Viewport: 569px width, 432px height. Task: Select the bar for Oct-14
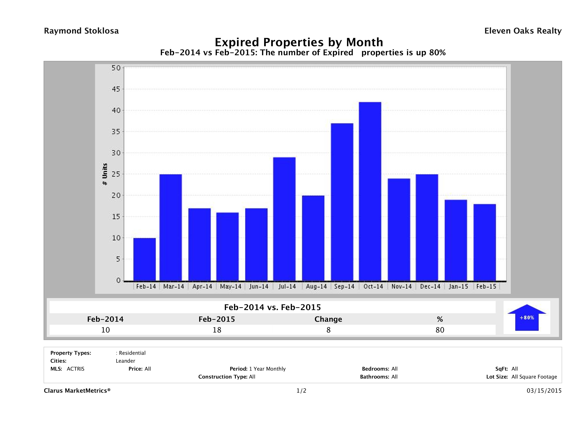click(x=370, y=191)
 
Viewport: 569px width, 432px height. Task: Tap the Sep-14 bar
click(x=342, y=202)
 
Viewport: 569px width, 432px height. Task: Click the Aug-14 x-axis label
click(x=316, y=287)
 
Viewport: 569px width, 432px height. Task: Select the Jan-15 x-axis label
click(x=458, y=287)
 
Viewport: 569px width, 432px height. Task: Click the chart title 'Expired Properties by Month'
click(x=299, y=42)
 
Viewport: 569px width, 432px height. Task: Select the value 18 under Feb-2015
click(x=217, y=330)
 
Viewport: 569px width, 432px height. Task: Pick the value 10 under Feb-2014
click(x=105, y=330)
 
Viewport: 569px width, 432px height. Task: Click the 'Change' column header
click(x=328, y=319)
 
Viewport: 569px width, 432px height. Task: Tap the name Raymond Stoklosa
click(x=81, y=31)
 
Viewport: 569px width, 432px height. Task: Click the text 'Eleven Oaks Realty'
click(x=523, y=31)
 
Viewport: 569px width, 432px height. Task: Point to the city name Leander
click(x=125, y=361)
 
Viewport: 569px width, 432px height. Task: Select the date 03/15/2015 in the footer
click(x=544, y=391)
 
